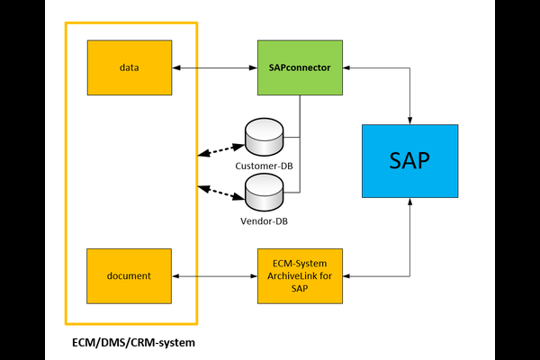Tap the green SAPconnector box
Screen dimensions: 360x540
pyautogui.click(x=300, y=67)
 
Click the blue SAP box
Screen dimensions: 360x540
pyautogui.click(x=409, y=161)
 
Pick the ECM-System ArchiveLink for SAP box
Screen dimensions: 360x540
pyautogui.click(x=300, y=275)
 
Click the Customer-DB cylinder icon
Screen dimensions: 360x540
pyautogui.click(x=264, y=136)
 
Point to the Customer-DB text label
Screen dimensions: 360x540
pyautogui.click(x=264, y=166)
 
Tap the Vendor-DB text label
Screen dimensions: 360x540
pyautogui.click(x=264, y=220)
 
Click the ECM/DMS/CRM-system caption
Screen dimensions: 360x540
pyautogui.click(x=134, y=343)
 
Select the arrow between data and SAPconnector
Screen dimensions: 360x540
pyautogui.click(x=214, y=67)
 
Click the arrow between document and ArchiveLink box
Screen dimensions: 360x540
pyautogui.click(x=214, y=275)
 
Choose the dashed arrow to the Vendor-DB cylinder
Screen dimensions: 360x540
pyautogui.click(x=221, y=191)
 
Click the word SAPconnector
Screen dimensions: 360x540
pyautogui.click(x=300, y=67)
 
